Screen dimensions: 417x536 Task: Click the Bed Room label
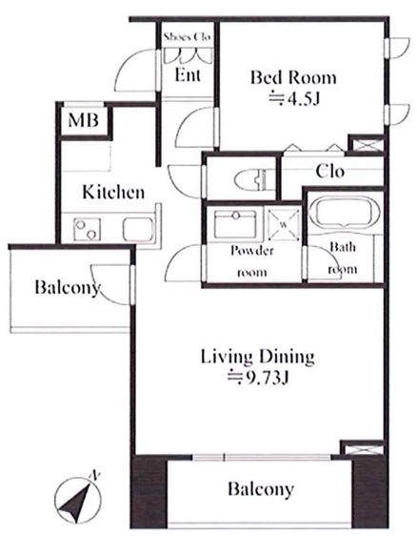point(293,77)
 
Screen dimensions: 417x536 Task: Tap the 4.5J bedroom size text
point(294,98)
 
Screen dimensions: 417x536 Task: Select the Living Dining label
point(258,357)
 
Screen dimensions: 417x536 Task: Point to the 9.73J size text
point(259,378)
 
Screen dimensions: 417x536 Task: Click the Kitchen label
point(113,192)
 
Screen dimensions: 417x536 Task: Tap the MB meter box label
point(84,120)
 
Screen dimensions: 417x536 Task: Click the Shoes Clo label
point(187,36)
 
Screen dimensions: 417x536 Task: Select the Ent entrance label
point(188,74)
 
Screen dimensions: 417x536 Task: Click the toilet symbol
point(250,179)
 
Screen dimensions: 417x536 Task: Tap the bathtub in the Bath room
point(343,212)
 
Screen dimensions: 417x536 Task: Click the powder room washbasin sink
point(235,224)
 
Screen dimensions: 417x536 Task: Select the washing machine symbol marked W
point(283,224)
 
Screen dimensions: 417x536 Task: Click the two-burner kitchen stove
point(87,229)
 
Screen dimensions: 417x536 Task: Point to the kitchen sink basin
point(137,229)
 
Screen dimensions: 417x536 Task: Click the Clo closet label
point(330,171)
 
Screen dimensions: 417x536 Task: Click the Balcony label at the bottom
point(261,489)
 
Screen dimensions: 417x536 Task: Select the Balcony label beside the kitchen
point(68,287)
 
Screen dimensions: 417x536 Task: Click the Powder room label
point(252,261)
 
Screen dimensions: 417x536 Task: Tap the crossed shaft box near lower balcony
point(364,448)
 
